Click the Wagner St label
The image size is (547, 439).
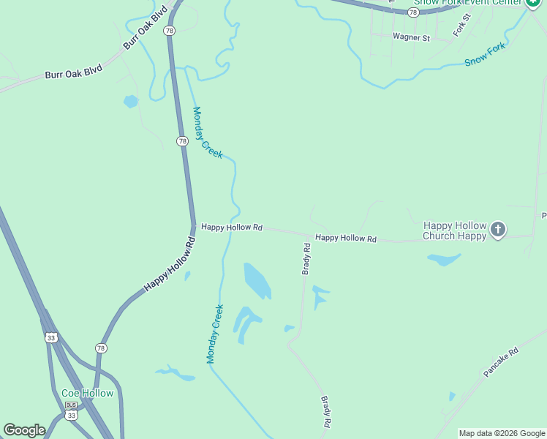pyautogui.click(x=410, y=37)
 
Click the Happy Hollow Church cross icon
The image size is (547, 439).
pyautogui.click(x=497, y=230)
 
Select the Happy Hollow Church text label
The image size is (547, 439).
pyautogui.click(x=454, y=230)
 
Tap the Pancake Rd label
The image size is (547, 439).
pyautogui.click(x=501, y=362)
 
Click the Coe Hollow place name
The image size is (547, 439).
pyautogui.click(x=87, y=393)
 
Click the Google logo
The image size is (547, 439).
pyautogui.click(x=24, y=429)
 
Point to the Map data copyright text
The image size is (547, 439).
pyautogui.click(x=502, y=433)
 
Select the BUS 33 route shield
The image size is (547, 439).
pyautogui.click(x=71, y=410)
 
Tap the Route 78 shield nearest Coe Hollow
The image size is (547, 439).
pyautogui.click(x=101, y=348)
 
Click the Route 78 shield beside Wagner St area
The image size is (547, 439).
pyautogui.click(x=414, y=12)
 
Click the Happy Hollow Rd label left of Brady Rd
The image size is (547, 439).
pyautogui.click(x=231, y=228)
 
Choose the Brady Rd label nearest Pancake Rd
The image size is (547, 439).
pyautogui.click(x=326, y=412)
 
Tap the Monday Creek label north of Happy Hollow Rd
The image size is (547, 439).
pyautogui.click(x=207, y=132)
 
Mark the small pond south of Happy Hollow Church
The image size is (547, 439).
pyautogui.click(x=444, y=259)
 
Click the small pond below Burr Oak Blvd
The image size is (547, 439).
pyautogui.click(x=131, y=101)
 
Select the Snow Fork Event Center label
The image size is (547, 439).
pyautogui.click(x=467, y=2)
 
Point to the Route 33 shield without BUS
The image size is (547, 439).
pyautogui.click(x=50, y=337)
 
